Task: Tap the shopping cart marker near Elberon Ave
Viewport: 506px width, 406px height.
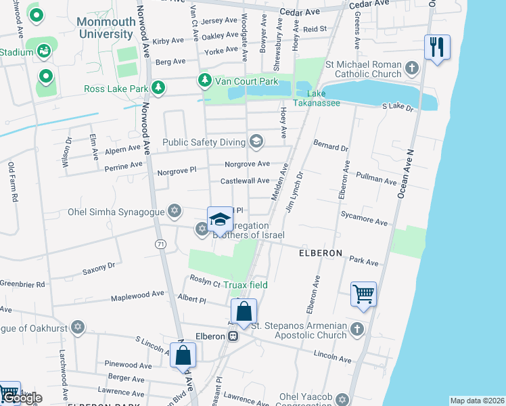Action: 364,294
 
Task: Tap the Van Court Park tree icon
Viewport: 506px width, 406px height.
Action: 204,81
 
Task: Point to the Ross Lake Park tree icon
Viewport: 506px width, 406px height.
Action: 158,88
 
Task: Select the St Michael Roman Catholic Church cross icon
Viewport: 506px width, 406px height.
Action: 412,68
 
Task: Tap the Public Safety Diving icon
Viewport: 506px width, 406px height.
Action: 256,141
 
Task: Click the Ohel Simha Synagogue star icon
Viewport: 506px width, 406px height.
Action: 175,211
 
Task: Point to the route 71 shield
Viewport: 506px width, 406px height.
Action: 160,244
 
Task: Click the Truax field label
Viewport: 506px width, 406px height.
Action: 245,285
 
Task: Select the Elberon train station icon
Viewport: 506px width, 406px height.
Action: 232,336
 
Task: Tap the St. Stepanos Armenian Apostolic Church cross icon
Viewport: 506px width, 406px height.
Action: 357,330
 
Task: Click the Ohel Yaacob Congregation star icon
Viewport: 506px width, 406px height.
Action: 343,400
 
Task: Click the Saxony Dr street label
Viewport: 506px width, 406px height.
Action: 99,269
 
